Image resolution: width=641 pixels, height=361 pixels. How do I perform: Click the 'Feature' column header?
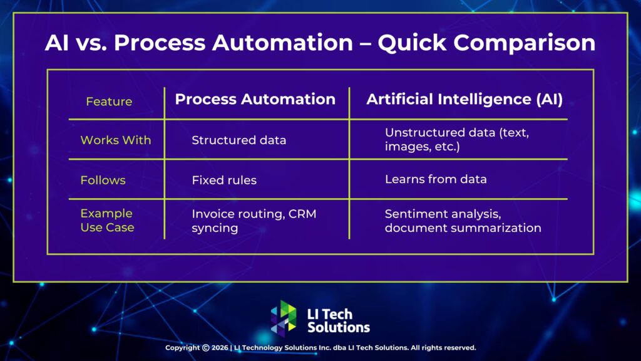tap(109, 102)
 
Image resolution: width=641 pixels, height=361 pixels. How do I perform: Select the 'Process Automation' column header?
tap(255, 99)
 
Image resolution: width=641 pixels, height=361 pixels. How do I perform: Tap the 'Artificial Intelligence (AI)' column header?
tap(464, 99)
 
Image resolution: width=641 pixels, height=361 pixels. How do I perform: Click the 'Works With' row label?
tap(116, 140)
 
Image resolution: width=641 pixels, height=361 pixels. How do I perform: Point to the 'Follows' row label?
tap(103, 180)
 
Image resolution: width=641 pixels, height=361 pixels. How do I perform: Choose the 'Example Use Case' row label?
tap(107, 220)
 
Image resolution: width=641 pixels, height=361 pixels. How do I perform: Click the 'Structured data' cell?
tap(238, 140)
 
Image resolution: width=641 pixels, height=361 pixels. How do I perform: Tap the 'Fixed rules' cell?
tap(224, 180)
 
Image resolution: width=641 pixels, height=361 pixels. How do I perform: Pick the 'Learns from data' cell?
tap(436, 179)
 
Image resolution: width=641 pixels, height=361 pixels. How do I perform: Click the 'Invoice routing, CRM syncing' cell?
tap(254, 221)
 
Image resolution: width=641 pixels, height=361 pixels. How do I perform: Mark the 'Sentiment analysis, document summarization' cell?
tap(463, 221)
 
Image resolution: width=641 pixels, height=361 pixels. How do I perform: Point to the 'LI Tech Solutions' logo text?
tap(339, 320)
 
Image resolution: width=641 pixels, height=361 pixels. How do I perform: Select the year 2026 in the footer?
tap(220, 347)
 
